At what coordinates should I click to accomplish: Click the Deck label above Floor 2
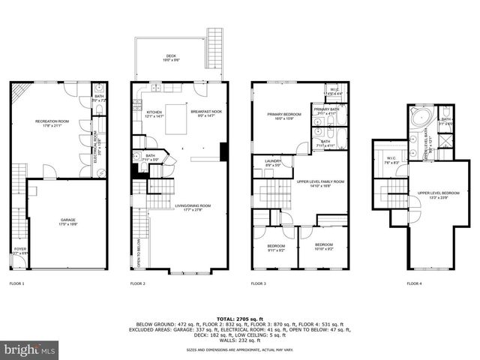172,58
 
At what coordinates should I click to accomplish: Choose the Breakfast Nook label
203,113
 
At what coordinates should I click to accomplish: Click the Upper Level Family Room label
320,182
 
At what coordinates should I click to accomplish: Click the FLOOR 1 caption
16,284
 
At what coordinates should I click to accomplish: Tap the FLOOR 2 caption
137,284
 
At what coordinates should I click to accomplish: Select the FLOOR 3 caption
258,284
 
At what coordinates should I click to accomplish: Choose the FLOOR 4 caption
414,284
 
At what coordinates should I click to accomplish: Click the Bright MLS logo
30,349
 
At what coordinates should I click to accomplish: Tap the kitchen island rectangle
177,118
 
